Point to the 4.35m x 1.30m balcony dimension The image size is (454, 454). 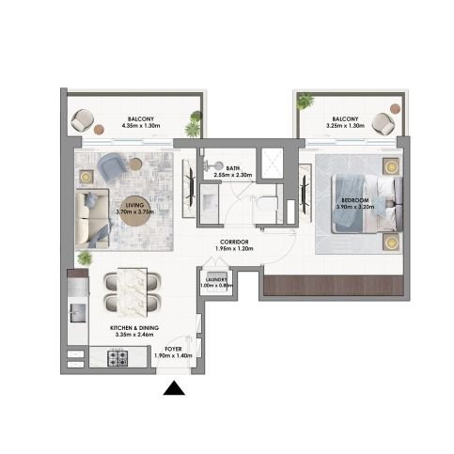coord(141,126)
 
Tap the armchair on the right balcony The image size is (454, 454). coord(382,122)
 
